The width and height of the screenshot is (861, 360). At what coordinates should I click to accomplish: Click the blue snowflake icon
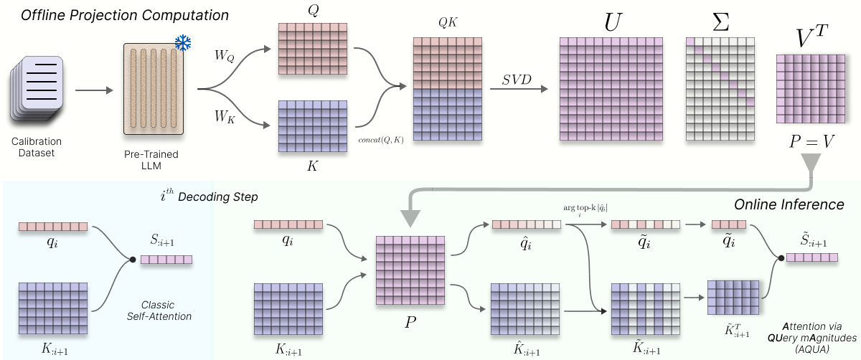[x=183, y=43]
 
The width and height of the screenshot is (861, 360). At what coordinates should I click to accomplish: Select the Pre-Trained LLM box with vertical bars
[x=154, y=89]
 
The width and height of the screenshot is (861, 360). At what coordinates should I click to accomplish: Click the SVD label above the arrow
[x=517, y=80]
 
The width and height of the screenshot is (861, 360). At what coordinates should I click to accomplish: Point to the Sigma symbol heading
[x=720, y=22]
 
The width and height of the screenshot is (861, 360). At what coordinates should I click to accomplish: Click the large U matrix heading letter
[x=612, y=22]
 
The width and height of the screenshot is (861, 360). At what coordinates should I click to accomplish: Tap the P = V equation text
[x=811, y=141]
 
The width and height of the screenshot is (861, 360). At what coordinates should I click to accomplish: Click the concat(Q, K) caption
[x=381, y=140]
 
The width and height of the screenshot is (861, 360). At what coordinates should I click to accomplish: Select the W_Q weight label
[x=225, y=56]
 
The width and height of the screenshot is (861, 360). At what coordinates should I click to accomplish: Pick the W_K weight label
[x=225, y=116]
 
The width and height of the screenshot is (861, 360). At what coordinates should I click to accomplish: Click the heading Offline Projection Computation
[x=125, y=15]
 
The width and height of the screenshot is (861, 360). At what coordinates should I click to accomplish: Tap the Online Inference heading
[x=789, y=204]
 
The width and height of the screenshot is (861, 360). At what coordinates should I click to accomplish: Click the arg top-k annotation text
[x=585, y=209]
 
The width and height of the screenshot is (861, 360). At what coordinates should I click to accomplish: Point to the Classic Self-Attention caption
[x=159, y=311]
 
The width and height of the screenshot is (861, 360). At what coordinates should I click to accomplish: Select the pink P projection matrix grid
[x=410, y=270]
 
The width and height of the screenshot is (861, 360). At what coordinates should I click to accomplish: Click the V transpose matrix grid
[x=811, y=89]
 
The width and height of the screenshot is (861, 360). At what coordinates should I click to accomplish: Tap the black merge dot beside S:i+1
[x=133, y=260]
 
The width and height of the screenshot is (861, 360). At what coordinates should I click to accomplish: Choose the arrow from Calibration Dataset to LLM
[x=94, y=90]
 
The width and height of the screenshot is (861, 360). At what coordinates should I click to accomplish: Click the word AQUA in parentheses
[x=811, y=349]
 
